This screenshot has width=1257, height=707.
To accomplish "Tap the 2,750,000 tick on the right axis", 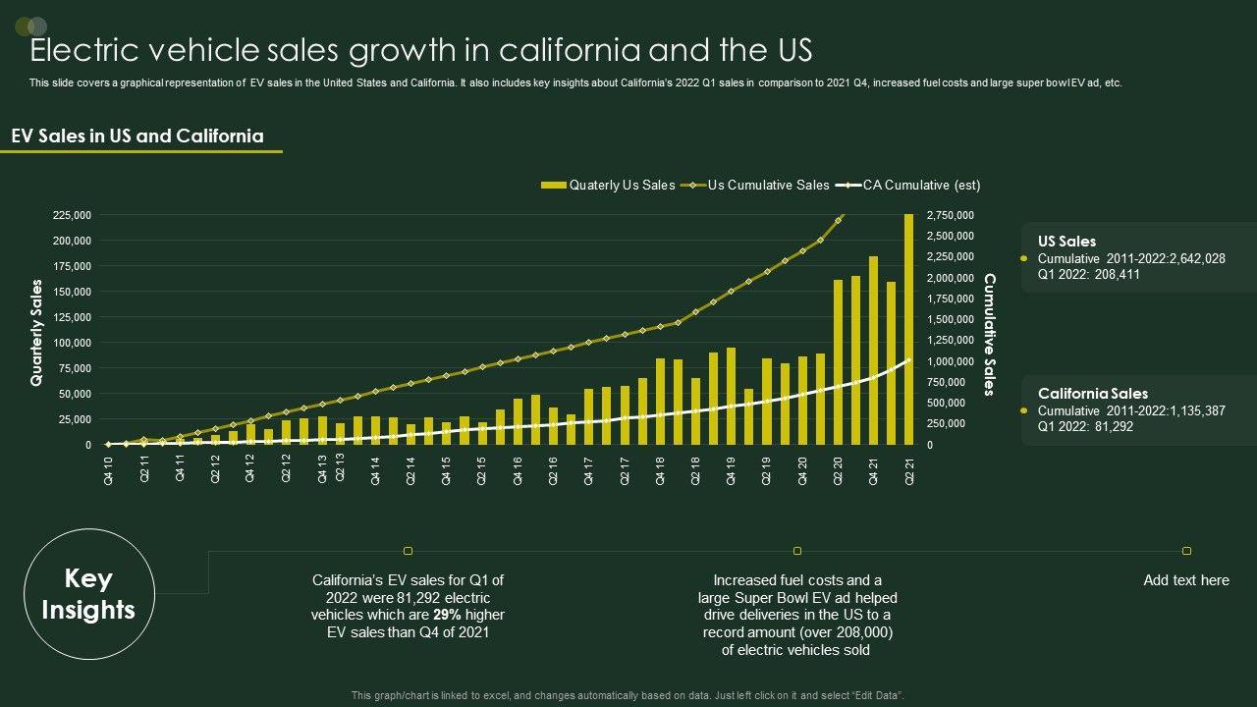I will point(951,215).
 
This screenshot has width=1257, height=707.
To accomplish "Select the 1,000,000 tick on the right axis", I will point(951,361).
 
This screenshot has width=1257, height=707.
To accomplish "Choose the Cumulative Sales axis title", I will point(990,335).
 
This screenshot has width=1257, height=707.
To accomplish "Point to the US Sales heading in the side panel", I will point(1066,242).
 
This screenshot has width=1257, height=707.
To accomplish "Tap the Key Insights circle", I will point(87,594).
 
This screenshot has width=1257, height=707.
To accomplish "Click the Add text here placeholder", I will point(1185,580).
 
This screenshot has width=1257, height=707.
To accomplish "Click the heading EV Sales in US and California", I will point(137,136).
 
